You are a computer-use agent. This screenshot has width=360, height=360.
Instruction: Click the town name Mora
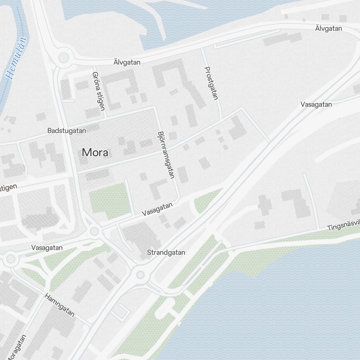pos(95,153)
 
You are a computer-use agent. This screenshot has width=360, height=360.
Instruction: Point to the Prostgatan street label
pos(211,83)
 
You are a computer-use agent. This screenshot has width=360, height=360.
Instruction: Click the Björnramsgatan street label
pos(166,155)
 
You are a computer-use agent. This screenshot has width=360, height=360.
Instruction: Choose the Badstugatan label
pos(67,131)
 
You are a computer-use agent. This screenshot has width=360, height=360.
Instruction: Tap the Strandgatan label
pos(166,253)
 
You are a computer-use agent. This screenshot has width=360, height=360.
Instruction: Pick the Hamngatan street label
pos(60,305)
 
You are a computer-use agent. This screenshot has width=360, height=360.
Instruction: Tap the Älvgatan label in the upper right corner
pos(328,28)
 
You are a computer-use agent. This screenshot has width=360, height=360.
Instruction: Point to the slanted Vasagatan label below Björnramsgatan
pos(157,209)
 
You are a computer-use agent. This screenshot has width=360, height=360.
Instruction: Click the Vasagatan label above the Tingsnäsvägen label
pos(316,104)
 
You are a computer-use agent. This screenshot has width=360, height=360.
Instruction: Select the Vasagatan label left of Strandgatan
pos(47,248)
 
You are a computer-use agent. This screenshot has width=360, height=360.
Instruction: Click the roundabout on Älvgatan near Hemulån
pos(63,57)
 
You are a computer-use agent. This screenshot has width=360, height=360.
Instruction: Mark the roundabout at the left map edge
pos(10,258)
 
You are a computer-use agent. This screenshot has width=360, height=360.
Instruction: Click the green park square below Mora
pos(109,201)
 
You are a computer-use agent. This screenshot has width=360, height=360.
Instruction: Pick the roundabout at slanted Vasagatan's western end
pos(94,231)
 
